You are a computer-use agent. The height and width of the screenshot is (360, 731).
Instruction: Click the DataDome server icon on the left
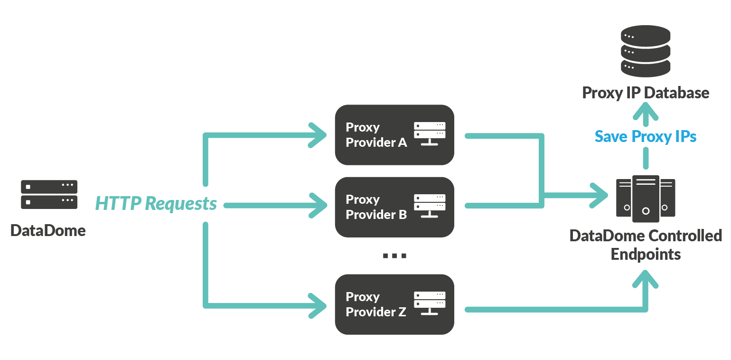point(49,194)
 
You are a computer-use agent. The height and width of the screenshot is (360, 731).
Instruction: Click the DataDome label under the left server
point(48,231)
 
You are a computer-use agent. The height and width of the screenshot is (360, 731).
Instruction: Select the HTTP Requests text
point(156,204)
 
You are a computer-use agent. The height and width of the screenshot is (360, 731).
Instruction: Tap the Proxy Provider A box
point(394,135)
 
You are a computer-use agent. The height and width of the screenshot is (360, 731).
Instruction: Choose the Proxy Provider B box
point(394,207)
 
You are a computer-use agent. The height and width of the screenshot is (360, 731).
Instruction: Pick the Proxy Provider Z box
point(394,304)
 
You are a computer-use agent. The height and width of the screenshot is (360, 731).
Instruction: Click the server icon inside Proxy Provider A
point(430,133)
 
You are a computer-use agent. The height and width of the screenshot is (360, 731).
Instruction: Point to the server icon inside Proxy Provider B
point(430,206)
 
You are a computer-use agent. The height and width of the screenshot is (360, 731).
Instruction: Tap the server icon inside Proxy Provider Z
point(430,303)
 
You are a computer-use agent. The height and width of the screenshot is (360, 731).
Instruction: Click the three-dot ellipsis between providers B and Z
point(394,256)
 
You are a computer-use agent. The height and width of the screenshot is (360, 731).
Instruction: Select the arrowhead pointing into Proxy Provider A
point(319,135)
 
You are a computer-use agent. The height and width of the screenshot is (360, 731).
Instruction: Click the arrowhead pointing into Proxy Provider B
point(319,205)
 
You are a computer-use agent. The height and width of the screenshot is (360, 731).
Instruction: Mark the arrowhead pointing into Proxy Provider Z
point(319,305)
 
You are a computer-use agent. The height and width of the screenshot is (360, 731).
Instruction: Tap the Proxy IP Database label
point(646,93)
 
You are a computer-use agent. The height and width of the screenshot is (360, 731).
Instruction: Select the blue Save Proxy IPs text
point(646,137)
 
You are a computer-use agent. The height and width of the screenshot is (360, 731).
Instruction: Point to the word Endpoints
point(646,254)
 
